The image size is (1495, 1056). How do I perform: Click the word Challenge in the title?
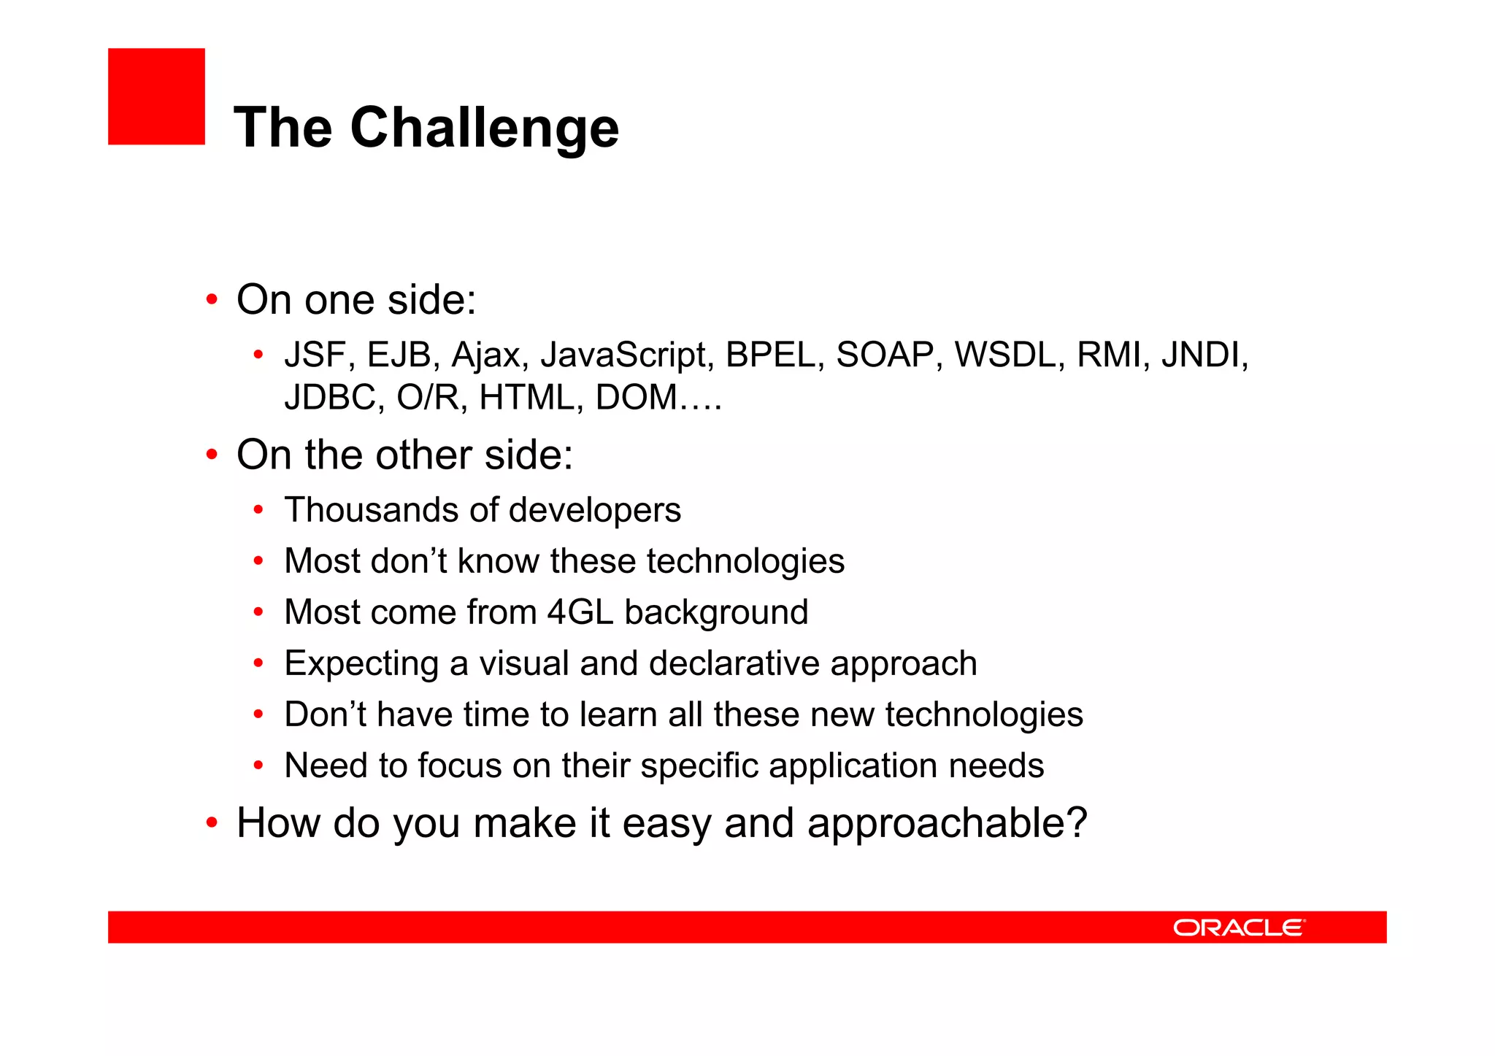click(x=484, y=128)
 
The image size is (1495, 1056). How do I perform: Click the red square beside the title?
click(x=156, y=96)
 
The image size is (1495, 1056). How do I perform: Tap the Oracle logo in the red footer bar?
click(x=1238, y=928)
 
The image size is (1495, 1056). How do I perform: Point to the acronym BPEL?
click(x=775, y=355)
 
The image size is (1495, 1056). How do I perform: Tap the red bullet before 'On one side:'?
click(x=212, y=300)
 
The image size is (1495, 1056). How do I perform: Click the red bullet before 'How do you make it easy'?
click(x=212, y=823)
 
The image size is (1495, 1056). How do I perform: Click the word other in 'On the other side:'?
click(x=423, y=455)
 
